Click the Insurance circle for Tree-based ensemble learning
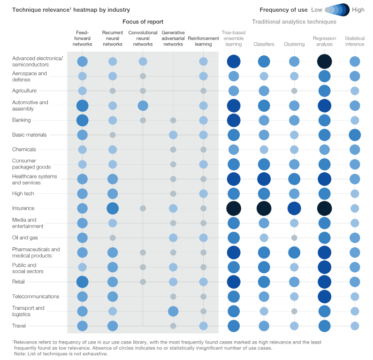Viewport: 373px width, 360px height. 234,208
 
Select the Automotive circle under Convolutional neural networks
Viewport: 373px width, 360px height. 143,105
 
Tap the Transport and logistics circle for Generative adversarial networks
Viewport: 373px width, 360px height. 173,311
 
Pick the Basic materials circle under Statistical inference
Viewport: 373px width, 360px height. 355,135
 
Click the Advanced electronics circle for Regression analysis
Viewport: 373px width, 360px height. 325,61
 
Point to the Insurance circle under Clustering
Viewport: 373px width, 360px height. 294,208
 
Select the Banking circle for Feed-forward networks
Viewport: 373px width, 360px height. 83,120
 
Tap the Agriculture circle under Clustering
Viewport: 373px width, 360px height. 294,91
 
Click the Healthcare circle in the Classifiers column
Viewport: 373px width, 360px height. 264,179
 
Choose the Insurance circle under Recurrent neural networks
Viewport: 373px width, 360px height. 113,208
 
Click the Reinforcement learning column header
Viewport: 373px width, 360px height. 203,41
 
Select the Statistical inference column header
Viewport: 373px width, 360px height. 355,41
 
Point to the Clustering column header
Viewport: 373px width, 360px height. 294,44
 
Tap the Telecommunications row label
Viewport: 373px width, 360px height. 36,296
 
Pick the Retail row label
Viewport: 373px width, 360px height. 19,282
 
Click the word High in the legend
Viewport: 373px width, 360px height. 358,9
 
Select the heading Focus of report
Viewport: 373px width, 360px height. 143,22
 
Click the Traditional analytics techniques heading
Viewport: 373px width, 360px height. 294,22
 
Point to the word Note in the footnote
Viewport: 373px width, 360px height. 20,353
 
